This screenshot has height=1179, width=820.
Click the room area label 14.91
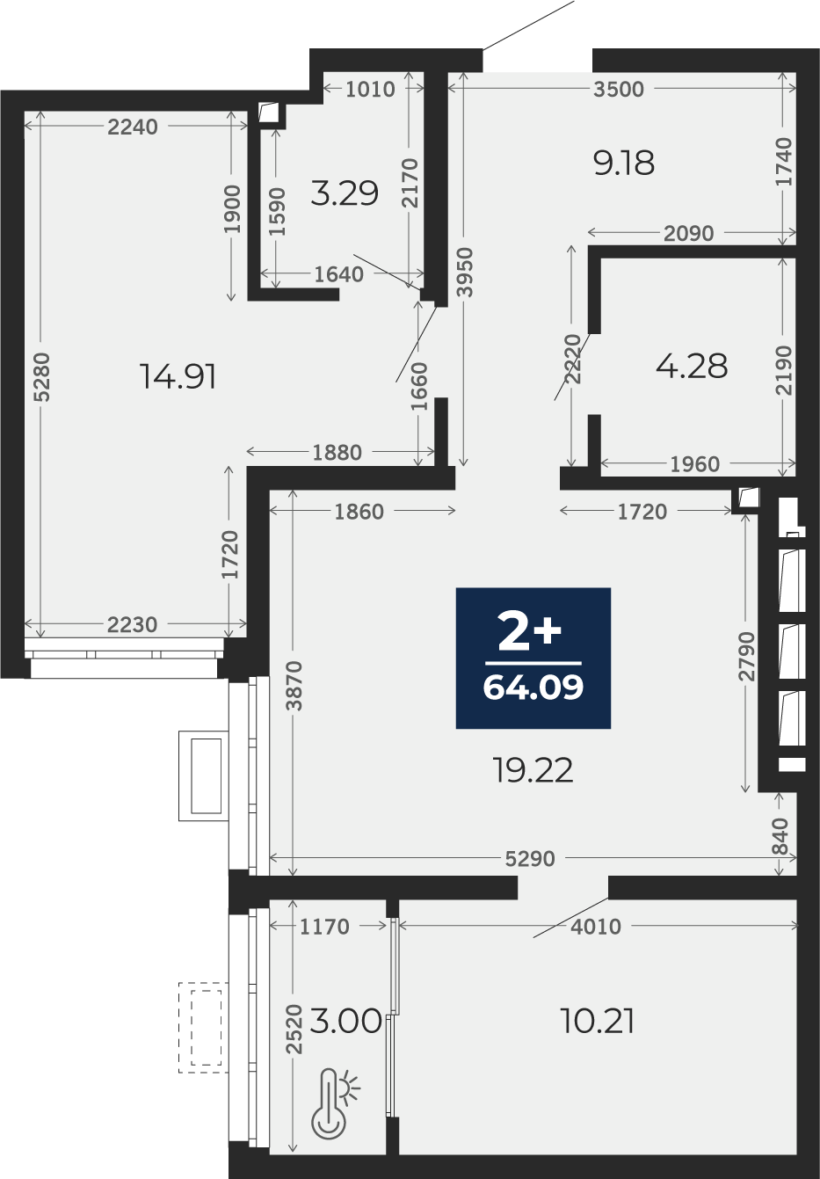tap(178, 377)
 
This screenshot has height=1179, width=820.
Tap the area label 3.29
tap(345, 193)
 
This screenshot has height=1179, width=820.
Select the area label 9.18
tap(624, 163)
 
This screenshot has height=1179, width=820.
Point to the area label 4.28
tap(692, 366)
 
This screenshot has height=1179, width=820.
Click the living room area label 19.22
tap(533, 770)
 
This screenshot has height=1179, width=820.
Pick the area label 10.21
tap(598, 1021)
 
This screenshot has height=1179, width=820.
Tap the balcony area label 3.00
tap(345, 1021)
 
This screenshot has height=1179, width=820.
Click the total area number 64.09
tap(533, 688)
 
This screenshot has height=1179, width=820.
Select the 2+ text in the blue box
tap(529, 631)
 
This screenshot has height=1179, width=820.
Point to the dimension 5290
tap(530, 859)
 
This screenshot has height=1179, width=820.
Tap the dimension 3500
tap(619, 90)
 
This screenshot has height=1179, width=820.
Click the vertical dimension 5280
tap(41, 377)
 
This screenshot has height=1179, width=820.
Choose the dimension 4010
tap(596, 927)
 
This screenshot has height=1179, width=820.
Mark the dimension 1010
tap(371, 90)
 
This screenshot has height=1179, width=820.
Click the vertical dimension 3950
tap(465, 273)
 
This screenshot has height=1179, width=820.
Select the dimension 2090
tap(688, 233)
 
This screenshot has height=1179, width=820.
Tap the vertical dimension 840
tap(780, 836)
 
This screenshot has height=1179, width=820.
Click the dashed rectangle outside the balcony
tap(203, 1028)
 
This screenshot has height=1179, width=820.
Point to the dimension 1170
tap(324, 927)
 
